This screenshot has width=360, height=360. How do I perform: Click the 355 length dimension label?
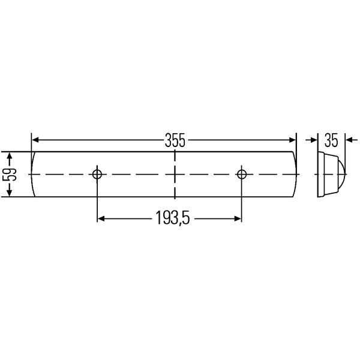tap(174, 140)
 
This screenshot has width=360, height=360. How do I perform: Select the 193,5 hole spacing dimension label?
tap(170, 219)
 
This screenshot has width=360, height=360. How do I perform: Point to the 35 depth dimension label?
tap(332, 140)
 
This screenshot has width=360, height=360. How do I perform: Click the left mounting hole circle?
tap(97, 175)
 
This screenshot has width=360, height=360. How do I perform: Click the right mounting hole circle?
tap(242, 175)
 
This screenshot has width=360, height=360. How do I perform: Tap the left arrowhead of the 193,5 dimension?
tap(101, 219)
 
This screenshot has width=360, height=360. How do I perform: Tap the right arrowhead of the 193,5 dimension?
tap(238, 219)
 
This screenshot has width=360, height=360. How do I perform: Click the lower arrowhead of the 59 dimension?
tap(10, 193)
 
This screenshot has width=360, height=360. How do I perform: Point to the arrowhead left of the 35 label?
tap(314, 140)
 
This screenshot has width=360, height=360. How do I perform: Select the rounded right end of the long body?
tap(296, 175)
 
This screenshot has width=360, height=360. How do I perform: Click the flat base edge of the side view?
tap(319, 174)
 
